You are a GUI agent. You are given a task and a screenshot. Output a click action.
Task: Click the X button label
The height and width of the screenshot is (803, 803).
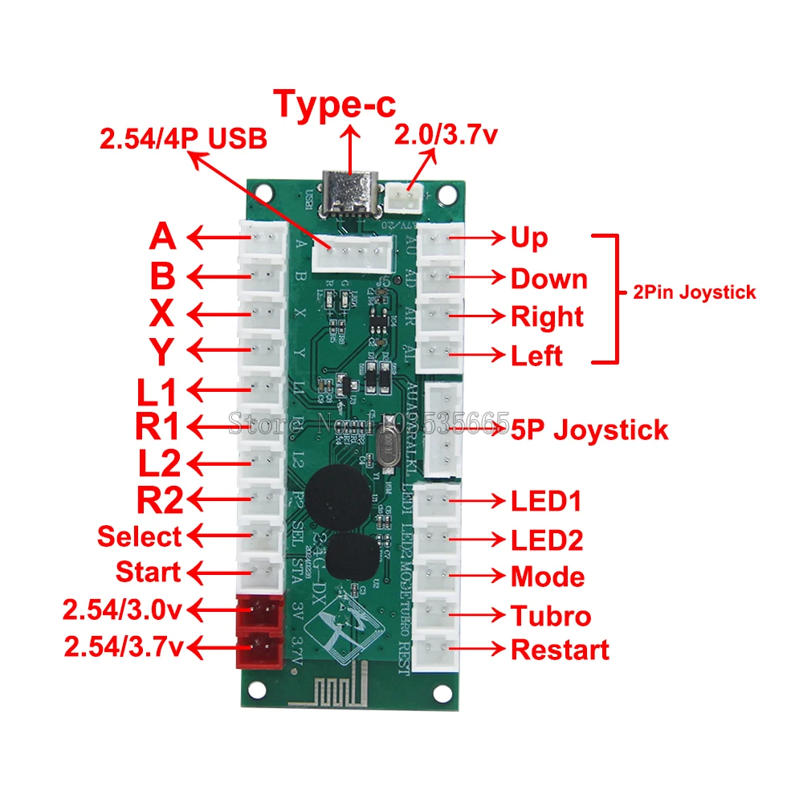162,313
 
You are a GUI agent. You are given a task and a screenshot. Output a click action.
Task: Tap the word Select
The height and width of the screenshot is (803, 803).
140,536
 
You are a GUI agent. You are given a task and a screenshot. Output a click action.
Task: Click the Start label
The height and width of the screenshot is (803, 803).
149,573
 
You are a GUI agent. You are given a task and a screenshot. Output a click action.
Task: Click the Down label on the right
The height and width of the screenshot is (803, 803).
549,279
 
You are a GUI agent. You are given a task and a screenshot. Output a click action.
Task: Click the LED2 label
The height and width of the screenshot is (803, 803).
547,540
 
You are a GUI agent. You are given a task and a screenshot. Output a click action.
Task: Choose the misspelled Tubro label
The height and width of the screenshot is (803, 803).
551,616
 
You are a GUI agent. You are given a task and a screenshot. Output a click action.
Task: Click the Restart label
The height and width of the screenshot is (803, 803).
560,650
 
